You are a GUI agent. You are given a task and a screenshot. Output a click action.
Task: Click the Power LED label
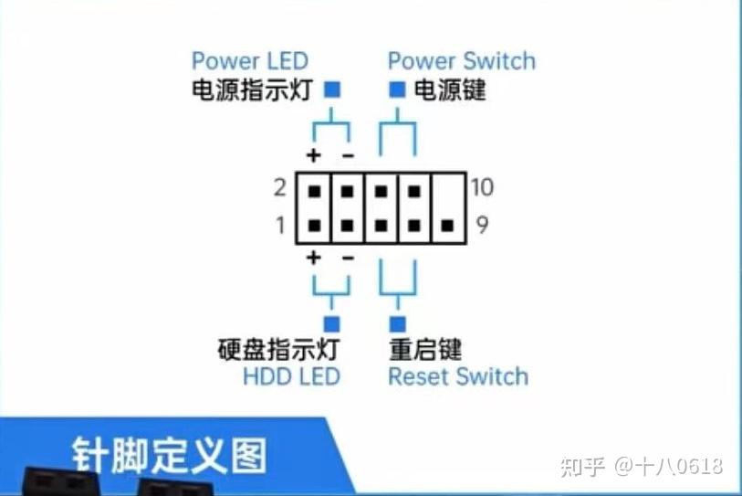pos(250,61)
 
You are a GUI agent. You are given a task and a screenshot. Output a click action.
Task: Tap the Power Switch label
pos(462,61)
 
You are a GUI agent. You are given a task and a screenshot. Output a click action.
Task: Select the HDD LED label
pos(291,377)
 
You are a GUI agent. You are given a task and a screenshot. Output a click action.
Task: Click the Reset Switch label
pos(458,377)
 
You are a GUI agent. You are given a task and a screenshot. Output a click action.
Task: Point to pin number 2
pos(279,187)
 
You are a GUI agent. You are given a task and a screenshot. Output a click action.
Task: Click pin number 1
pos(280,225)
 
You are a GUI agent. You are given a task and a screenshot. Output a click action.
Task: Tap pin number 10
pos(482,187)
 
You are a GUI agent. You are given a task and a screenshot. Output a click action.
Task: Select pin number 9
pos(482,225)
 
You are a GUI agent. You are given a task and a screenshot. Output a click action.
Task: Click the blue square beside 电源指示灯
pos(332,90)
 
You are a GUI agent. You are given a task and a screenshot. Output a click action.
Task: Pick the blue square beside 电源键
pos(397,90)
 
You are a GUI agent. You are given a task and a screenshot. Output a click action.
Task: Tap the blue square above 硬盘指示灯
pos(331,324)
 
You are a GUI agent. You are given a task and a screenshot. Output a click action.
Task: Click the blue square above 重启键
pos(398,324)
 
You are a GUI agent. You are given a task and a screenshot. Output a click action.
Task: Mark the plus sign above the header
pos(314,155)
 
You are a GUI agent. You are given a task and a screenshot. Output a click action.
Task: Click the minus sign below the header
pos(348,259)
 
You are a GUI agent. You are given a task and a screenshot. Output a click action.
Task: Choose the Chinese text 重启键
pos(425,350)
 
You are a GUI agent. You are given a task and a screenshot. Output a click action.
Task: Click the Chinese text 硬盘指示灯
pos(278,350)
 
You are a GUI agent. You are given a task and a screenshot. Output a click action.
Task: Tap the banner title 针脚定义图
pos(170,456)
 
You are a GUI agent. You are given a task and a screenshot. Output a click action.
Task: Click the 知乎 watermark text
pos(582,467)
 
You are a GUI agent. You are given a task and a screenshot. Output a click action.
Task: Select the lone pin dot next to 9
pos(447,226)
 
